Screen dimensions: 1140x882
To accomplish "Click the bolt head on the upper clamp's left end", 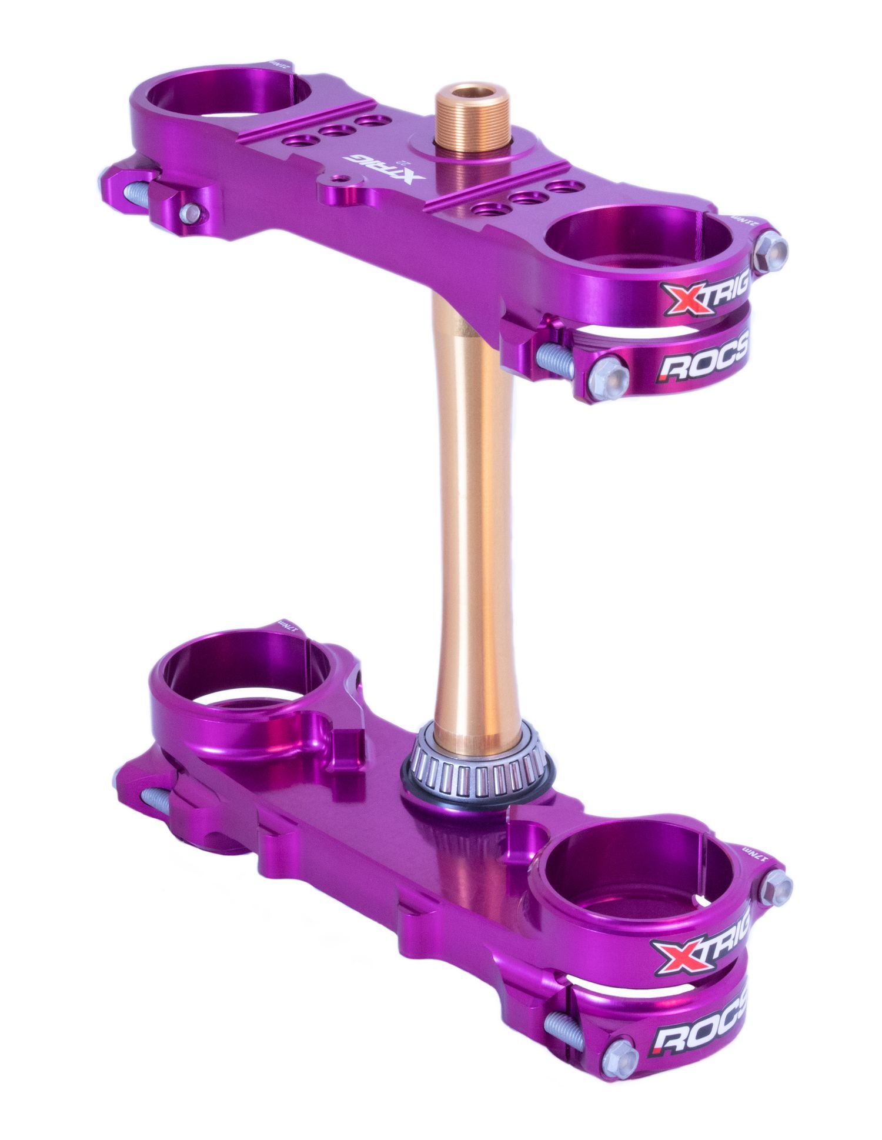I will click(x=191, y=210).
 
